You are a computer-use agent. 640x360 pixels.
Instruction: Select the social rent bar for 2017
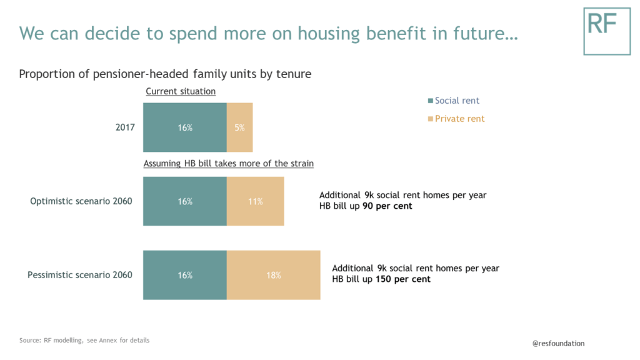185,127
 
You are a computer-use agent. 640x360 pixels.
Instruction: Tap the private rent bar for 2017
240,127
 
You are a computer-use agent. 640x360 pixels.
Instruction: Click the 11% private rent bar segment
255,201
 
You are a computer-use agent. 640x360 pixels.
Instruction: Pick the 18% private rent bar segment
274,275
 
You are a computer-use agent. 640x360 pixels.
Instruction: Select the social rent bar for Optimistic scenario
185,201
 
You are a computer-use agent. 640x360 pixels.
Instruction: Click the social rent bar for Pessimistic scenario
185,275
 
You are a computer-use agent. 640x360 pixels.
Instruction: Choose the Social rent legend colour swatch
430,101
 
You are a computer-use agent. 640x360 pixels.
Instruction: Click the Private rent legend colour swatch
430,119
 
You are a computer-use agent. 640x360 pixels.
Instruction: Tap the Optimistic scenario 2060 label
81,201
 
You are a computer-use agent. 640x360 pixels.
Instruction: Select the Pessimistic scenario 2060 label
80,275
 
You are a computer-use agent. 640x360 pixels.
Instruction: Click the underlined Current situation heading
181,91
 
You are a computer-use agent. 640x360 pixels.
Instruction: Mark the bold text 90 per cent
387,206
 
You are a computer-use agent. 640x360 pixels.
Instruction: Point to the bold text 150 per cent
403,279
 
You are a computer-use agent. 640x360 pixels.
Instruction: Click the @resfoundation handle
558,343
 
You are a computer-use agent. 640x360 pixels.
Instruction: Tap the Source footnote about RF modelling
84,341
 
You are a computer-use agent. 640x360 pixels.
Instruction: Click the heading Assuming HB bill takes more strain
229,164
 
